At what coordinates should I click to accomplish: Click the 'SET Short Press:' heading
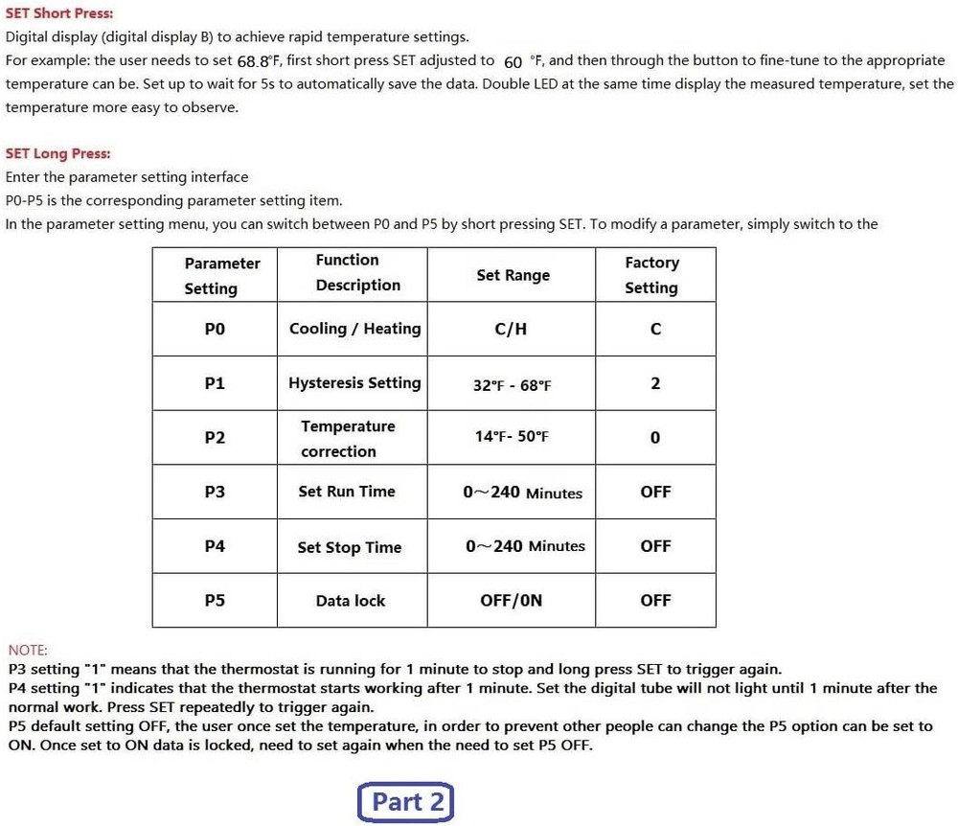[x=59, y=13]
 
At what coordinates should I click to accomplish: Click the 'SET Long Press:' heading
[x=57, y=153]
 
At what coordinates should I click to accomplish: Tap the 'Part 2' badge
[x=406, y=802]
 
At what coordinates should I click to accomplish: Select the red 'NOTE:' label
[x=27, y=650]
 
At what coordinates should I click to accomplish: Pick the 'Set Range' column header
[x=513, y=275]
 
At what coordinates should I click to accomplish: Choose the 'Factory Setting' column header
[x=651, y=275]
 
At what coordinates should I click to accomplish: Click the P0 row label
[x=215, y=329]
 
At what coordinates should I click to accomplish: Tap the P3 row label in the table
[x=215, y=492]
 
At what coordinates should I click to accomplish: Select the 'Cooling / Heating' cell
[x=354, y=329]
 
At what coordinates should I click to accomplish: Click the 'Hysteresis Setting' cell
[x=354, y=383]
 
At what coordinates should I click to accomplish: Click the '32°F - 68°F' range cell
[x=512, y=385]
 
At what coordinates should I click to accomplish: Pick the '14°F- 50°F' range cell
[x=512, y=437]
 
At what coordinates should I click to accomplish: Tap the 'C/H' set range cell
[x=511, y=330]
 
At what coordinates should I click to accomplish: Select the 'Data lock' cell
[x=351, y=601]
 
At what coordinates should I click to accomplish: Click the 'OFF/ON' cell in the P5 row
[x=511, y=601]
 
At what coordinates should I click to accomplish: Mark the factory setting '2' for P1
[x=655, y=383]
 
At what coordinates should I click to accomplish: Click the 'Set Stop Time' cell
[x=349, y=547]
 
